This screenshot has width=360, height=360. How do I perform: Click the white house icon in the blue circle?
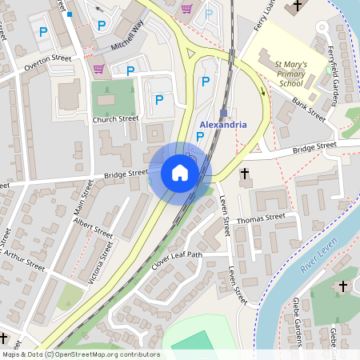(x=180, y=173)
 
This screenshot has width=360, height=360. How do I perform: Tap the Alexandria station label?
(x=222, y=126)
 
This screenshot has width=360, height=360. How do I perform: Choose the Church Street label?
(x=115, y=119)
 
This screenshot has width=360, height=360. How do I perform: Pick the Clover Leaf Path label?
(x=178, y=262)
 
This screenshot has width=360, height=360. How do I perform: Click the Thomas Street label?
(x=261, y=218)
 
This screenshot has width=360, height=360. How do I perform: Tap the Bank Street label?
(x=308, y=110)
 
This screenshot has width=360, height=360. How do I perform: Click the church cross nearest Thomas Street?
(x=245, y=173)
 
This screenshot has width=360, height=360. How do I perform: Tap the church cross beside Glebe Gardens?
(x=343, y=286)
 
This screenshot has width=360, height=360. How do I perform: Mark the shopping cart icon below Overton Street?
(x=98, y=70)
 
